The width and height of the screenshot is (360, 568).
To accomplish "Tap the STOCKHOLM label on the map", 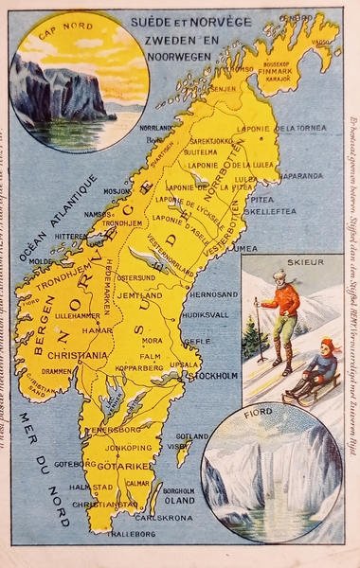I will click(217, 375).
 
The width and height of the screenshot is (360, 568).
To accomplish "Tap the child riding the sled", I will click(322, 365).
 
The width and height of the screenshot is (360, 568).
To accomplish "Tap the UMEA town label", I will click(245, 248).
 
